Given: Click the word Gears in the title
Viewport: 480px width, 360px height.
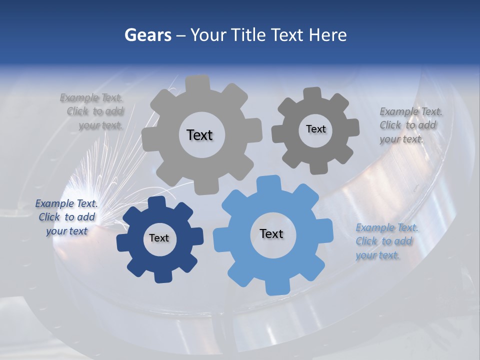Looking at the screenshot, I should [147, 35].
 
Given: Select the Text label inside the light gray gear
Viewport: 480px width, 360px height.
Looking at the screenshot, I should [199, 135].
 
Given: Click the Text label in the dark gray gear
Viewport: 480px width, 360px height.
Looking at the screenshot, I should [315, 129].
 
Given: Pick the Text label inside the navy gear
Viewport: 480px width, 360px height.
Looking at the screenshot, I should [159, 238].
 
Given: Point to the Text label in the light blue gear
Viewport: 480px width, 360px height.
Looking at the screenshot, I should [271, 233].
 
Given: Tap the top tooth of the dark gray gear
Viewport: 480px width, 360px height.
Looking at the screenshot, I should [313, 94].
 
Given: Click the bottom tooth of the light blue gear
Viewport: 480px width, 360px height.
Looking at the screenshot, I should [274, 287].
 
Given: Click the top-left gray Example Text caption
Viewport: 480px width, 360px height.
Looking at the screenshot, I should [95, 111].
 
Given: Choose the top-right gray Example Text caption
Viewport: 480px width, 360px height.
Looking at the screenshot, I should [410, 125].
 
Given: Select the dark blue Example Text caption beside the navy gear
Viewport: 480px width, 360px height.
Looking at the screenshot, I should [66, 217].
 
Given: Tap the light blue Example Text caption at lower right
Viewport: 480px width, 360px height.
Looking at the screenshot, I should [386, 241].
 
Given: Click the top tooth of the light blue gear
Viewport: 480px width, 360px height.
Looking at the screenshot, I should [268, 183].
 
